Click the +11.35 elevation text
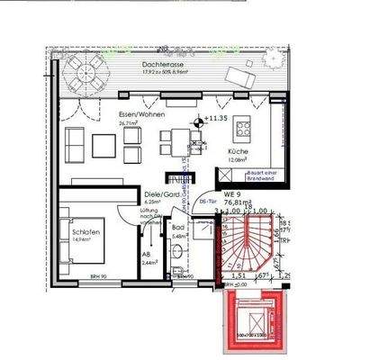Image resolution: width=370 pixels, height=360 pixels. point(216,119)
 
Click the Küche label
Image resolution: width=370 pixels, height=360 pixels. point(238,152)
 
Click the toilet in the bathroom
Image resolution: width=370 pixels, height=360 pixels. point(185,268)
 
